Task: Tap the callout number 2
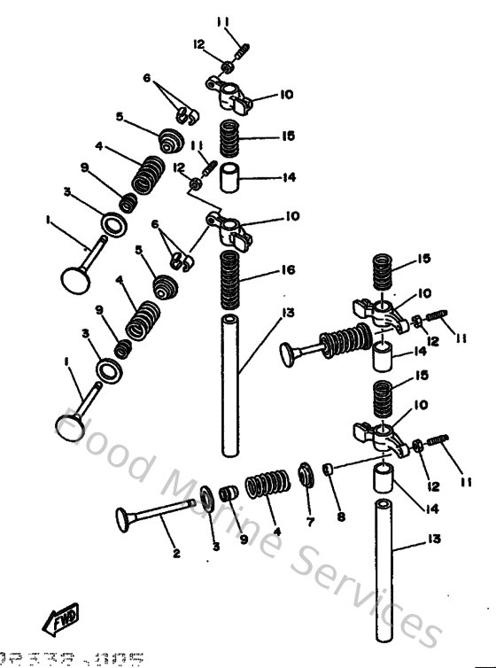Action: pos(175,554)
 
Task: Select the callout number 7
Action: pos(310,523)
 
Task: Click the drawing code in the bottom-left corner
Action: pos(72,659)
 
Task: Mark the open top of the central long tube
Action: pos(229,320)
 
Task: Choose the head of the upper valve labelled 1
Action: pos(74,276)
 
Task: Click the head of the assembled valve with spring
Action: pos(288,353)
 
